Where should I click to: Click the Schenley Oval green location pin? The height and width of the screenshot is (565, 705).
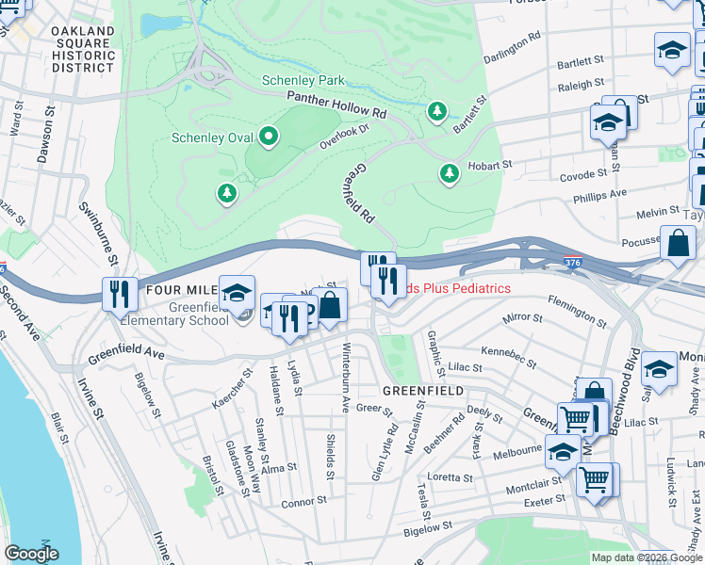[x=269, y=138]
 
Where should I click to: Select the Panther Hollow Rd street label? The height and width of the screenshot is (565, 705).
[x=336, y=105]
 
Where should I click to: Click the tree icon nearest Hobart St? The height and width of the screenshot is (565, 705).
[x=450, y=174]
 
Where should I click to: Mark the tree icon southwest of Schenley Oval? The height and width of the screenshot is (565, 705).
[x=226, y=194]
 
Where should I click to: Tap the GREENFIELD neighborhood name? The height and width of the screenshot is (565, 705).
[x=421, y=390]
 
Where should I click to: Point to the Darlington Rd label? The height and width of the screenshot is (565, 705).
[x=513, y=47]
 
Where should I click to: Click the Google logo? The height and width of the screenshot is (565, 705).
[x=31, y=554]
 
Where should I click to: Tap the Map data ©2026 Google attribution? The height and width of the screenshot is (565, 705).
[x=647, y=557]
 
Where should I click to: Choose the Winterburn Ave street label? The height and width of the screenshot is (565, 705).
[x=345, y=388]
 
